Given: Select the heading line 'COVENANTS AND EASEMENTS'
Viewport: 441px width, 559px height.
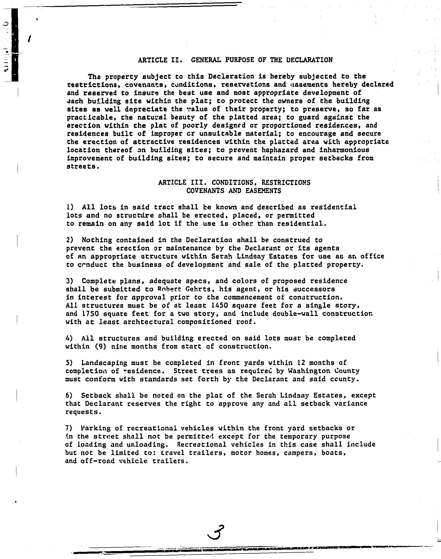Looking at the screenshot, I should pos(234,191).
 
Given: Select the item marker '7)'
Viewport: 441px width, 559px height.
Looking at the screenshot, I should pos(69,428).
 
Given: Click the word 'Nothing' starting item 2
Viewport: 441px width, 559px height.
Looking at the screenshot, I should pos(97,240).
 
